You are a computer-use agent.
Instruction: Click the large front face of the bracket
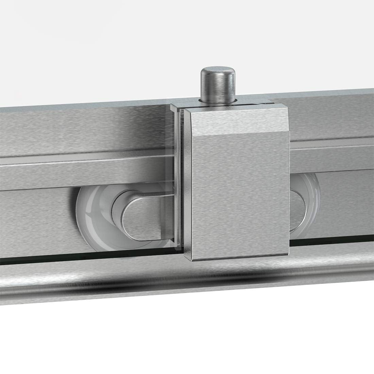click(x=238, y=190)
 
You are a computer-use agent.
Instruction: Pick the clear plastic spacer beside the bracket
click(x=179, y=177)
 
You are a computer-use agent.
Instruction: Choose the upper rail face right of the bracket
click(x=333, y=116)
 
